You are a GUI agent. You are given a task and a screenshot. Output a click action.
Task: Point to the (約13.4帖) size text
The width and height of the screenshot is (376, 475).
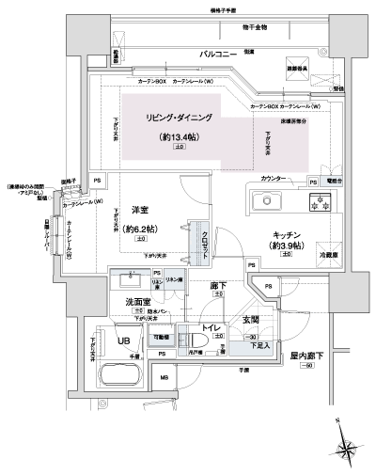pyautogui.click(x=179, y=137)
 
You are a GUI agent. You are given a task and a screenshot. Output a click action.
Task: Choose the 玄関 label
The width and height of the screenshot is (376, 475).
pyautogui.click(x=251, y=321)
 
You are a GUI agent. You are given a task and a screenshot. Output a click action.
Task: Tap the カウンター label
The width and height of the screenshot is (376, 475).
pyautogui.click(x=274, y=178)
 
